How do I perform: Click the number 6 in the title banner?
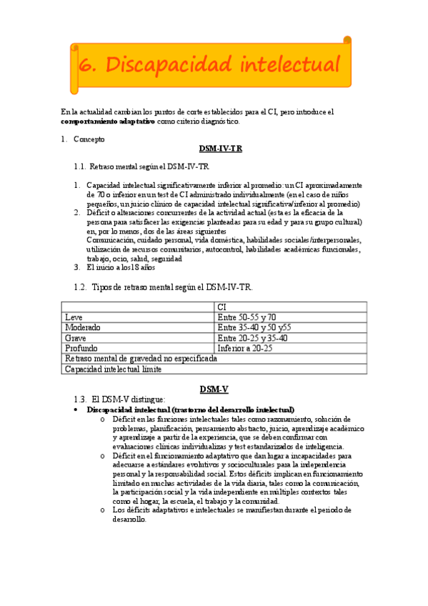pyautogui.click(x=87, y=65)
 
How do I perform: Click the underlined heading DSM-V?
pyautogui.click(x=214, y=389)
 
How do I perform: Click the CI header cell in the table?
pyautogui.click(x=222, y=307)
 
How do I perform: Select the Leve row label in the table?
pyautogui.click(x=74, y=317)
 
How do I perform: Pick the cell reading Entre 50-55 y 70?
pyautogui.click(x=247, y=317)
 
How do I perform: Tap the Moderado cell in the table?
pyautogui.click(x=82, y=327)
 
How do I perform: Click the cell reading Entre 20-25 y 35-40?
pyautogui.click(x=252, y=338)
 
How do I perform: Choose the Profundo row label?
pyautogui.click(x=81, y=348)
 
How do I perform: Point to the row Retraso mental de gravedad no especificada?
pyautogui.click(x=140, y=359)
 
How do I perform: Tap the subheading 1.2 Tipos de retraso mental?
pyautogui.click(x=171, y=287)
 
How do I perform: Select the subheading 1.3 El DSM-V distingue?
pyautogui.click(x=129, y=399)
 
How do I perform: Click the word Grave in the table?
pyautogui.click(x=75, y=338)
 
